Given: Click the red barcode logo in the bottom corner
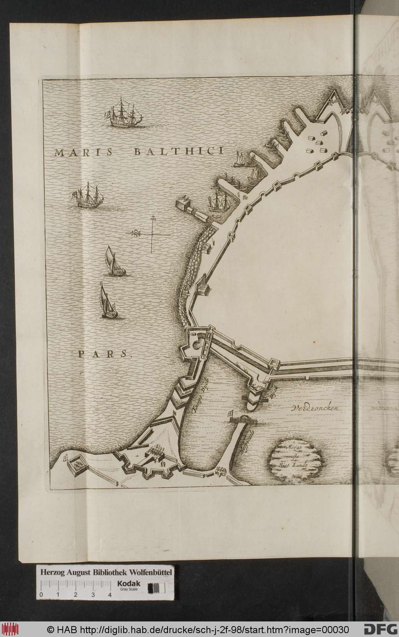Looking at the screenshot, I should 10,628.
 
